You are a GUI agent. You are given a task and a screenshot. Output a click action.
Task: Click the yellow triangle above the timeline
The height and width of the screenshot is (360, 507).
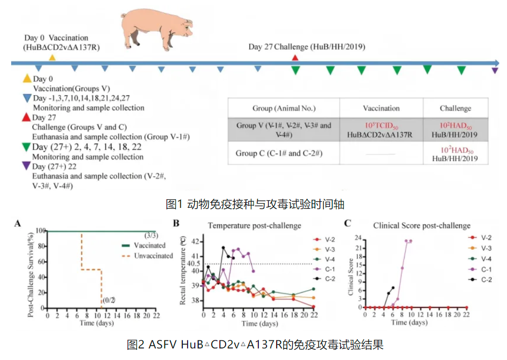coord(52,57)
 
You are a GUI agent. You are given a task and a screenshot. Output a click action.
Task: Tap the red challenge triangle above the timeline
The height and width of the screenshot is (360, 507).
coord(295,57)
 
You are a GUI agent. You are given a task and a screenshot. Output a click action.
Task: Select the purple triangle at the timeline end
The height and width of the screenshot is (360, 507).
coord(495,71)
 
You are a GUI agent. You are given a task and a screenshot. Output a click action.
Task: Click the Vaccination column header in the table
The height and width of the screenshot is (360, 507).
coord(381,108)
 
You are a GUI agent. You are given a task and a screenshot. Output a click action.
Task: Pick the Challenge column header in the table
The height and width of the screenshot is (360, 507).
coord(455,108)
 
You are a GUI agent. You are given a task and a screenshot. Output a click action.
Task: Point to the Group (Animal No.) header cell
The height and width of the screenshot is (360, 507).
coord(284,108)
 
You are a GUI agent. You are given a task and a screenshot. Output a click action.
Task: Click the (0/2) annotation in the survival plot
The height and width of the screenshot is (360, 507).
coord(110,301)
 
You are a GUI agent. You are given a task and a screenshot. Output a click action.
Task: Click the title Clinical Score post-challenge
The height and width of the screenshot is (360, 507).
coord(422,225)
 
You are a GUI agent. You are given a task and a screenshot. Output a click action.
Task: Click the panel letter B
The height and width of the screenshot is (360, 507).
coord(176,223)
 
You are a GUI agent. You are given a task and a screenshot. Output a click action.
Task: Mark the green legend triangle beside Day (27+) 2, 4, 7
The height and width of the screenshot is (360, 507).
coord(26,147)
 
